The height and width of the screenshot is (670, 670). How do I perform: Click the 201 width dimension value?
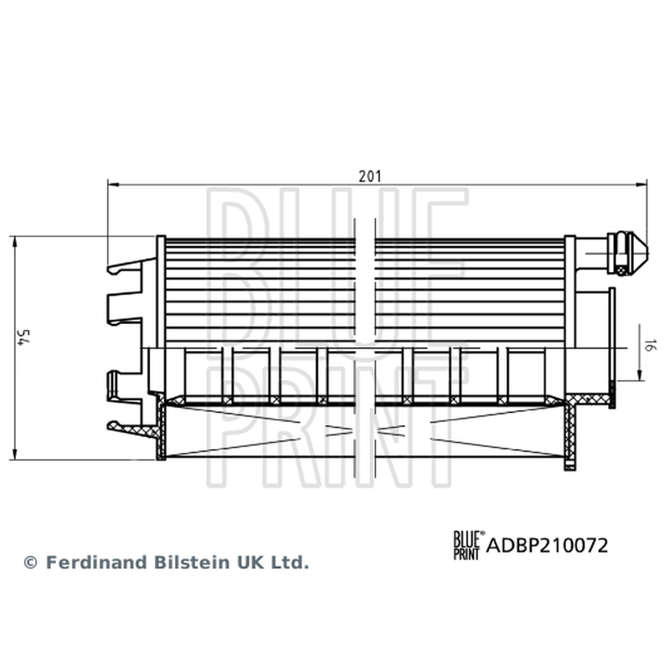point(369,176)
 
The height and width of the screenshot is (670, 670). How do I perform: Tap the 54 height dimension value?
point(23,338)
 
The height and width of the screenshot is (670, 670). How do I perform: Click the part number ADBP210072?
point(547,546)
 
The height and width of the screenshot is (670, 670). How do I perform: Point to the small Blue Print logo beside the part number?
point(469,545)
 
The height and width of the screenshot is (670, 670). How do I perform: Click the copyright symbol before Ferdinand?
point(30,563)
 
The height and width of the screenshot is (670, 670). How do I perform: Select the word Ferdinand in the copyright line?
point(96,562)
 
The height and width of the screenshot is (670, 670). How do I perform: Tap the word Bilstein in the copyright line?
point(192,562)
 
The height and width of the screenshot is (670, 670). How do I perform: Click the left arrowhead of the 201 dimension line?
point(113,184)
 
